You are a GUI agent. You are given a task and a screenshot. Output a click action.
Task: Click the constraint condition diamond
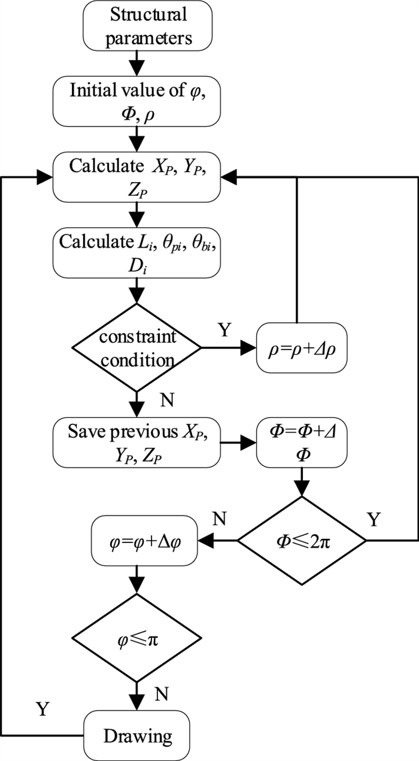coord(137,346)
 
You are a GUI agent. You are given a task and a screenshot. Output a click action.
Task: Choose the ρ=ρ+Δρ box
coord(303,346)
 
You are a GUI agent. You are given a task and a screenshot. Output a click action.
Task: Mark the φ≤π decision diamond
coord(137,638)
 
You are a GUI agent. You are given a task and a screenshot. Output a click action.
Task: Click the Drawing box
coord(137,735)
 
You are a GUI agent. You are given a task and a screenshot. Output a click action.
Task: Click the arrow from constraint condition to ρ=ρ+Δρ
coord(230,346)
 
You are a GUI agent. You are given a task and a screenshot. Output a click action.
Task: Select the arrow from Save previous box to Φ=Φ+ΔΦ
coord(238,444)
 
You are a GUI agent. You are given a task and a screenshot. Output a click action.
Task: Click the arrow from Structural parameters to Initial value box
coord(137,61)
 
